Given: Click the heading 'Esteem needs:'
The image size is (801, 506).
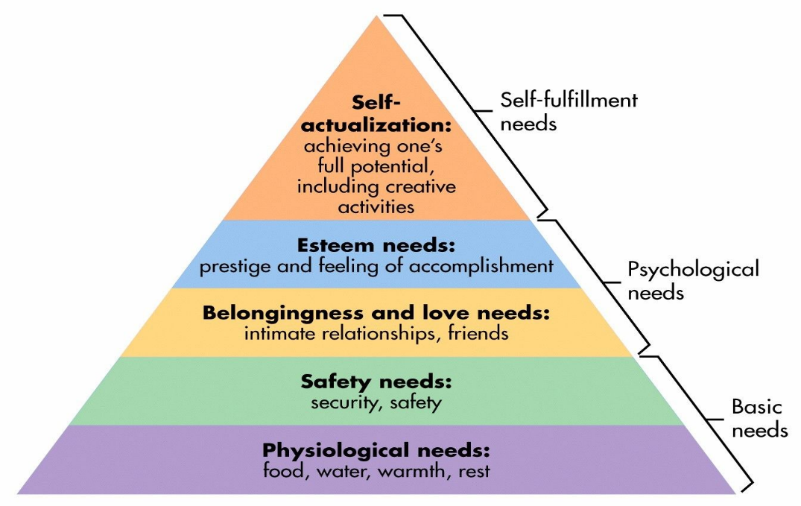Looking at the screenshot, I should coord(376,246).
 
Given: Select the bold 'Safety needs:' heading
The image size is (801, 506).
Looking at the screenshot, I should coord(376,383).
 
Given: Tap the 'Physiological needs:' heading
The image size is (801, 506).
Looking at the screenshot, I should coord(376,451).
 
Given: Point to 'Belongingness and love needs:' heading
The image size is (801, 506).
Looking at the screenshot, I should coord(376,314).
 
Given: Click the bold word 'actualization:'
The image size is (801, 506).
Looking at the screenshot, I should coord(376,124).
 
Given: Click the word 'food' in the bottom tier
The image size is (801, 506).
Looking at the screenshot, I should coord(282,471).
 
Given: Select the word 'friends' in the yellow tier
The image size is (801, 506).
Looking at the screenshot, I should coord(478,333).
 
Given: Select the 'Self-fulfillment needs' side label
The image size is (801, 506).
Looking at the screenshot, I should coord(568,111).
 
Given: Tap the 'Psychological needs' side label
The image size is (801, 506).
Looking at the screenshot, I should coord(693,279).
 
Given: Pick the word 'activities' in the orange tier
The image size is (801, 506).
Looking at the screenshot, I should coord(376,206).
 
